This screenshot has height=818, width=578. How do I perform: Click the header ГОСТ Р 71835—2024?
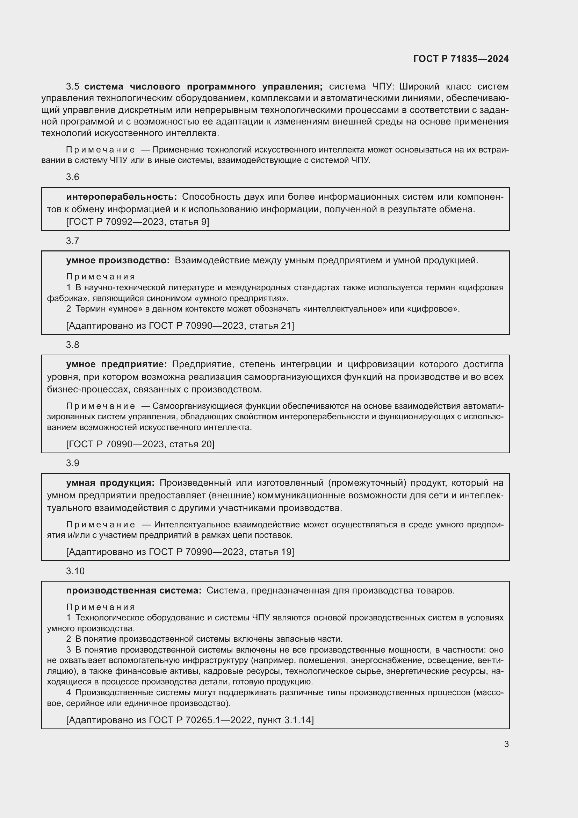(461, 59)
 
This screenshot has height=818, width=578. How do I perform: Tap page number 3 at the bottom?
(506, 744)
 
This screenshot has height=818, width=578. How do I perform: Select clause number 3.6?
(73, 177)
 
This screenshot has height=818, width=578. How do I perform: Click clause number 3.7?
(73, 241)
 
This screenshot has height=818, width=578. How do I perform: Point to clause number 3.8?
(73, 345)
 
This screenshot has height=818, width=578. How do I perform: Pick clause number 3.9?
(73, 463)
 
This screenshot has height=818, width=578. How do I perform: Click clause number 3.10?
(75, 571)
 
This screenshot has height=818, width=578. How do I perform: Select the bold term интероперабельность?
(121, 197)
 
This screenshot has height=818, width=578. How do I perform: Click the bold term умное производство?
(118, 261)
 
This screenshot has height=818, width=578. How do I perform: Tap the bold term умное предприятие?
(116, 364)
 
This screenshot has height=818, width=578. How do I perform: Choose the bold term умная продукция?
(110, 483)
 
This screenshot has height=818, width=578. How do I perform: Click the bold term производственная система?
(134, 591)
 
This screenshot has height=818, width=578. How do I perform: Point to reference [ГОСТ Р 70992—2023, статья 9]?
(138, 222)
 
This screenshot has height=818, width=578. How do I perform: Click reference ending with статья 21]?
(180, 326)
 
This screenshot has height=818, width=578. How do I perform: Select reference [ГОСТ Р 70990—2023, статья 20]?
(140, 444)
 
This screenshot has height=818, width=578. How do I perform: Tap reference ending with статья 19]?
(180, 552)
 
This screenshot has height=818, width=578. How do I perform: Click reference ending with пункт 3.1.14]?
(190, 720)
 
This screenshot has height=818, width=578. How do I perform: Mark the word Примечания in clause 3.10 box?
(101, 607)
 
